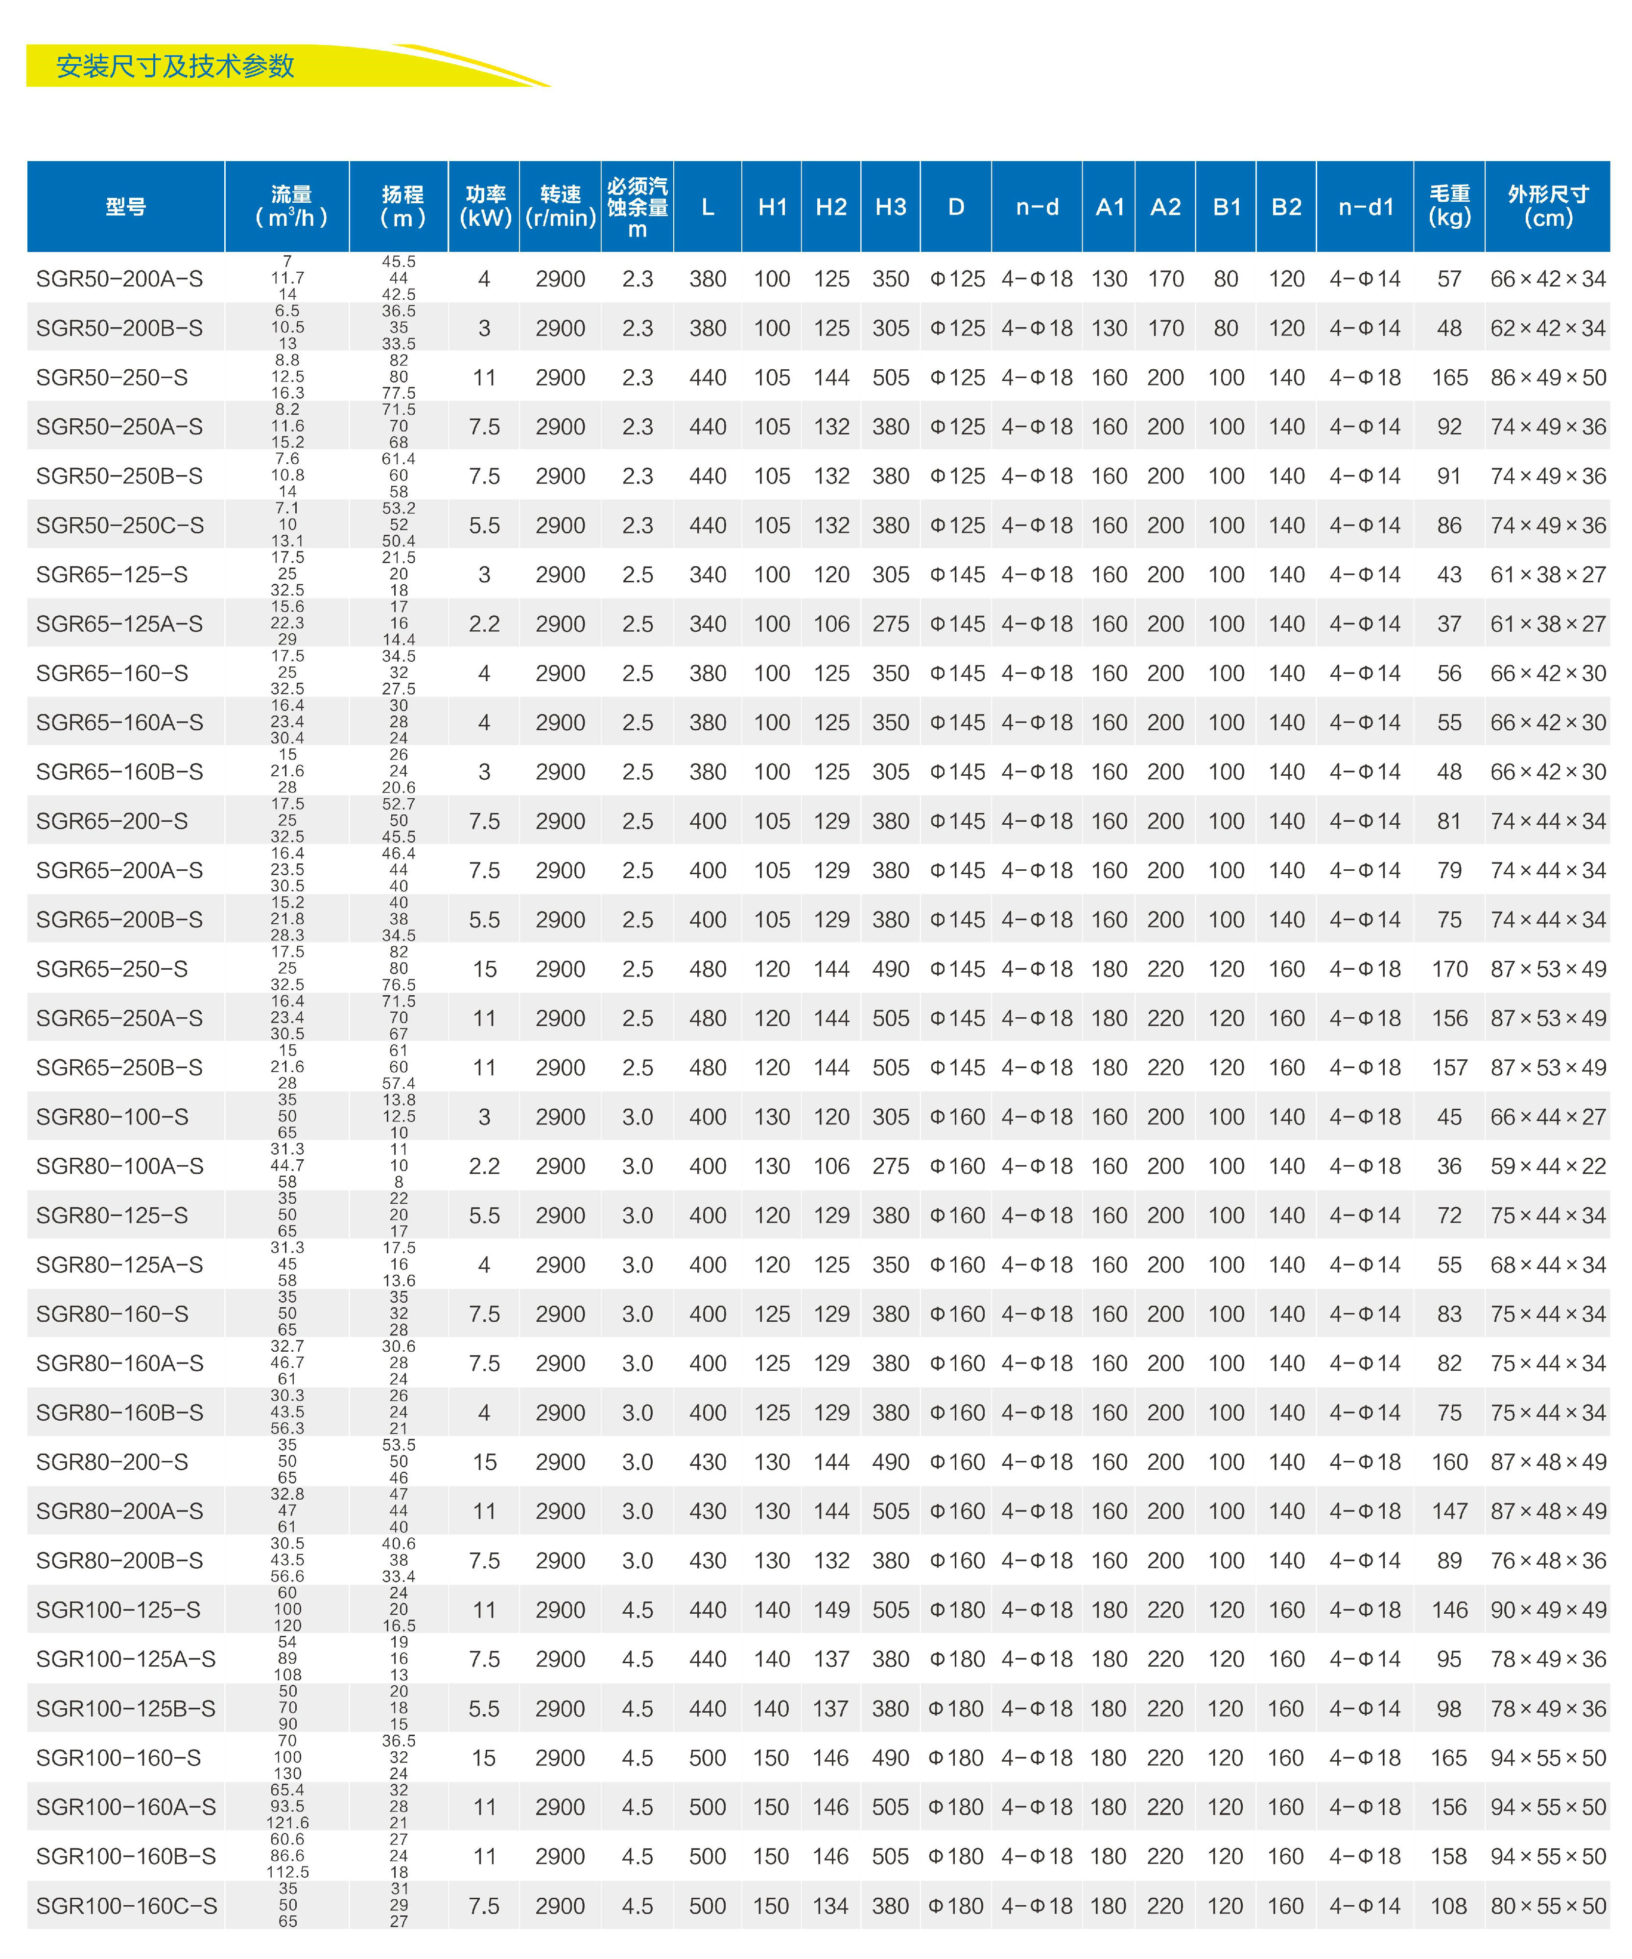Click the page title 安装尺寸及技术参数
175,66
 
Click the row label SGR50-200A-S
119,279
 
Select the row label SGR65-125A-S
119,624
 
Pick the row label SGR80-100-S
112,1117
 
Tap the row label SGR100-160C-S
126,1906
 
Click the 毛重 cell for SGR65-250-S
1449,969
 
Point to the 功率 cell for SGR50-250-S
484,378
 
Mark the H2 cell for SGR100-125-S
831,1610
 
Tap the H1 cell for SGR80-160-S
772,1314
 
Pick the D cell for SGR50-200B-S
957,328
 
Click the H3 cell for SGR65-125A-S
891,624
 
